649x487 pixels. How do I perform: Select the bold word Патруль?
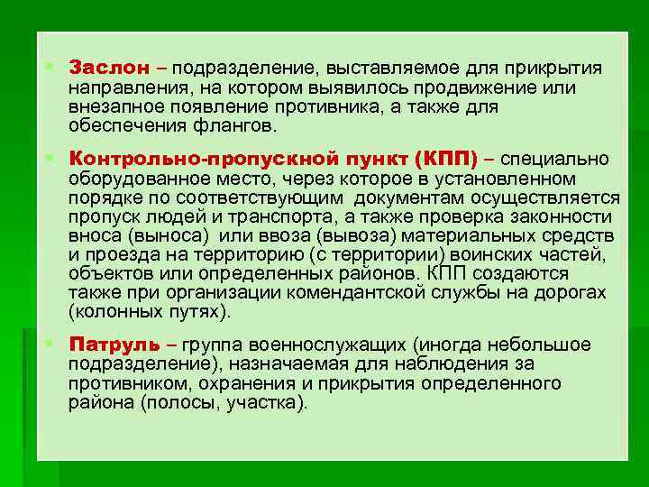(115, 345)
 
